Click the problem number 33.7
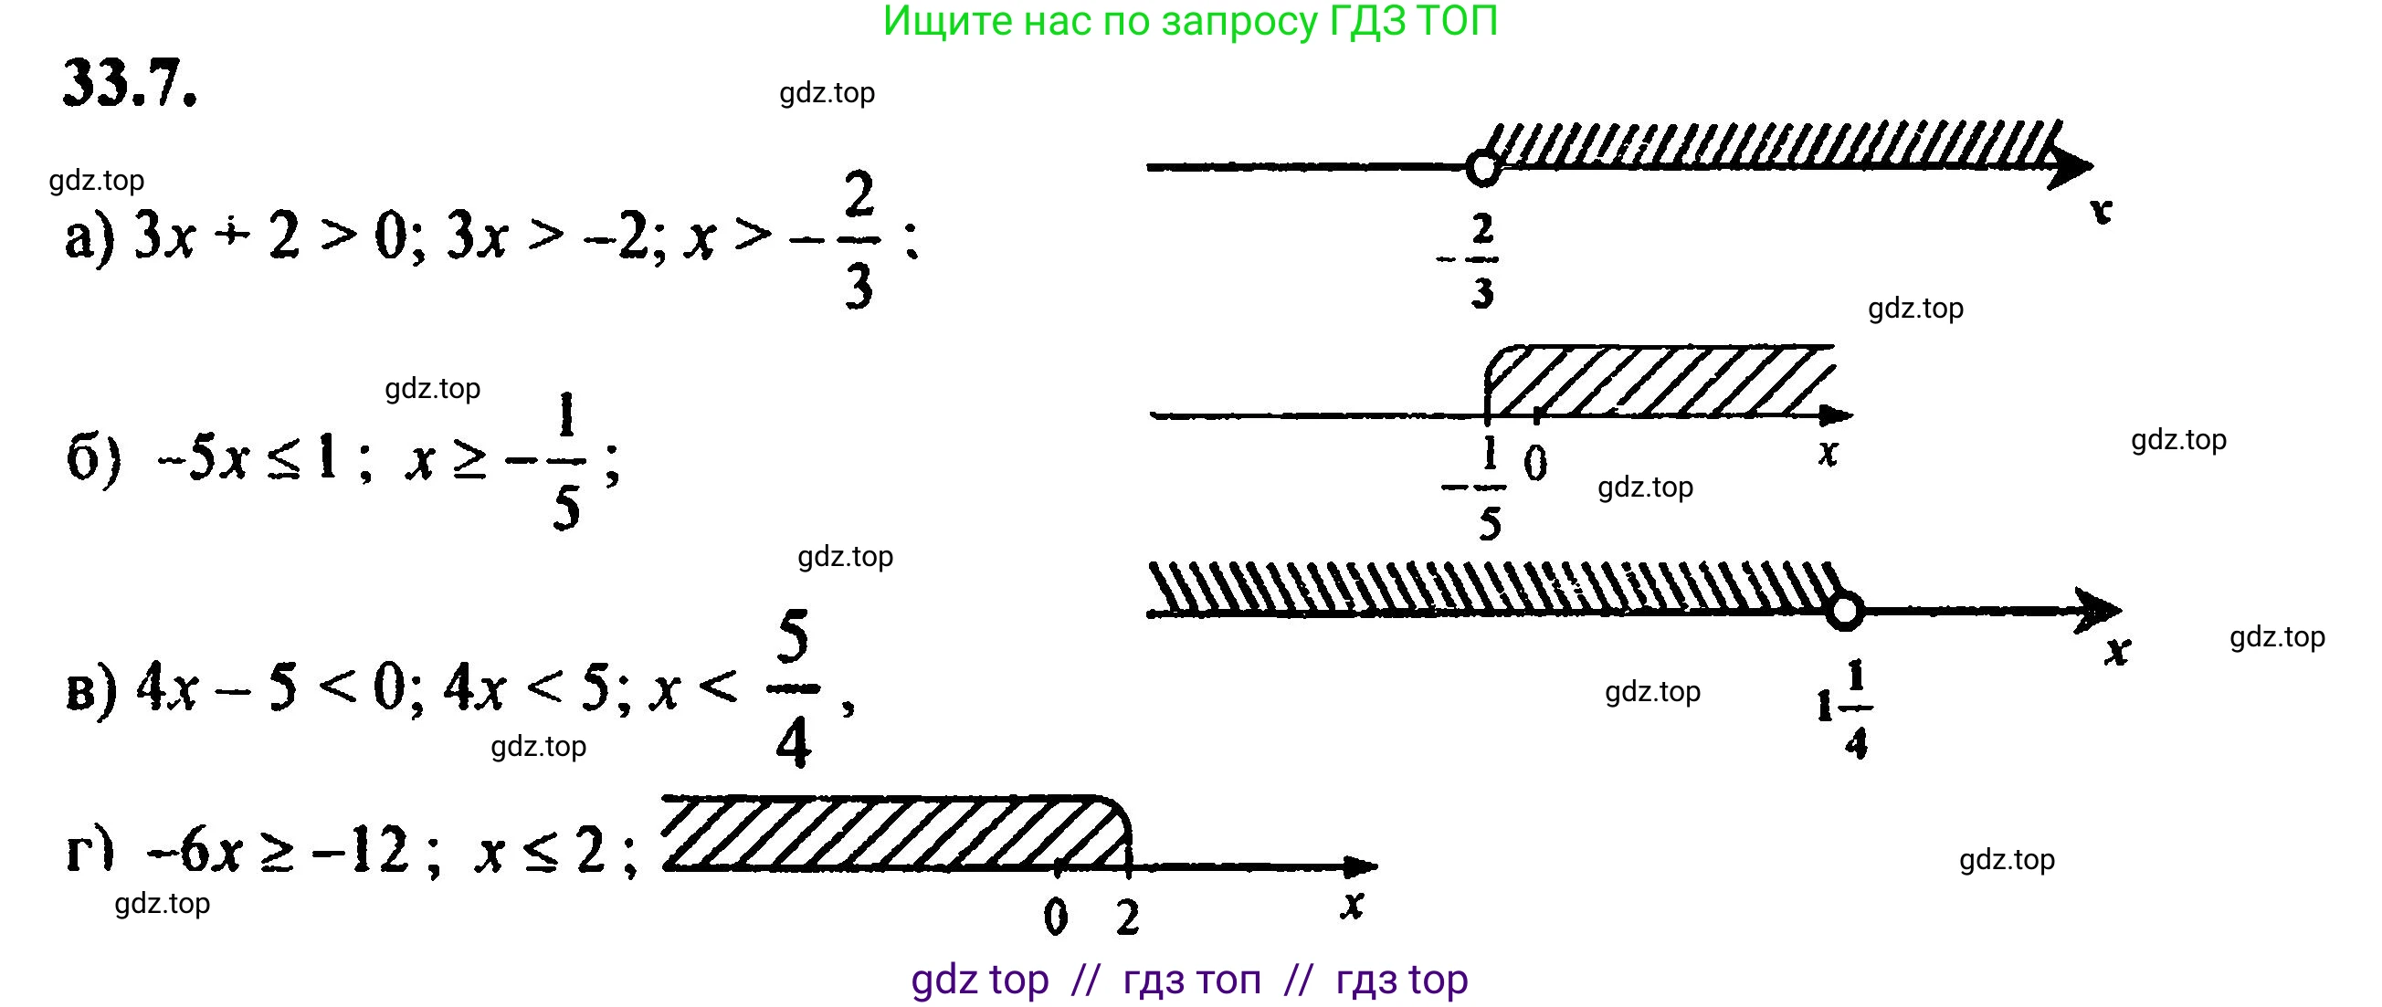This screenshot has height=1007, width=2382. (130, 84)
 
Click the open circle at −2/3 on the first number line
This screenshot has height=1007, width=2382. (1482, 169)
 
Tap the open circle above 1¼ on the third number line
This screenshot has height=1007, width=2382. (1845, 613)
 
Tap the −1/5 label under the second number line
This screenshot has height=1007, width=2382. (1479, 488)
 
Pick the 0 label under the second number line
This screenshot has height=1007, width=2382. (1535, 462)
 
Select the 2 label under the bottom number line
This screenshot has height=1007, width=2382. (1127, 918)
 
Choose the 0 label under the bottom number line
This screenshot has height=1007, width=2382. (1055, 918)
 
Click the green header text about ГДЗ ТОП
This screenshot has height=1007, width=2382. (1190, 21)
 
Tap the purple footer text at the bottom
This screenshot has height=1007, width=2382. (1189, 981)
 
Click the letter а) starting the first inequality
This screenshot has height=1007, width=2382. (90, 238)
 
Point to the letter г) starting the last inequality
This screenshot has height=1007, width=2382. (90, 851)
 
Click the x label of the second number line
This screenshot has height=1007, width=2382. (1828, 453)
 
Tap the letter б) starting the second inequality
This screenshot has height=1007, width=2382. (93, 458)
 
